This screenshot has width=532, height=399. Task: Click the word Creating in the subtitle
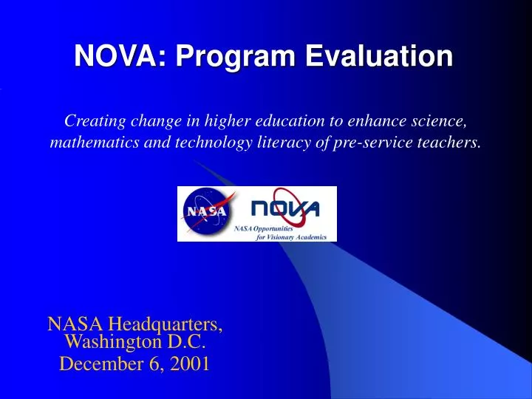click(x=92, y=120)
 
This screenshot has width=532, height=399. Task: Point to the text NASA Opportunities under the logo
click(x=265, y=230)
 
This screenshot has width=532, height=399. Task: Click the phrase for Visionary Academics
click(x=292, y=237)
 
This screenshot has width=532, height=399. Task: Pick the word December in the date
click(x=95, y=364)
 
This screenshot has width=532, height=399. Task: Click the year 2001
click(x=191, y=364)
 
